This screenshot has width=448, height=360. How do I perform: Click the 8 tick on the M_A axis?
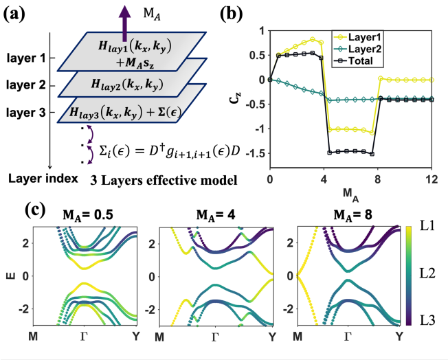coord(377,179)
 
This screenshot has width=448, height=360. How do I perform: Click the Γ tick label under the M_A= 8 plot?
coord(348,337)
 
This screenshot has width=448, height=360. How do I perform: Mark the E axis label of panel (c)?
coord(10,277)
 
